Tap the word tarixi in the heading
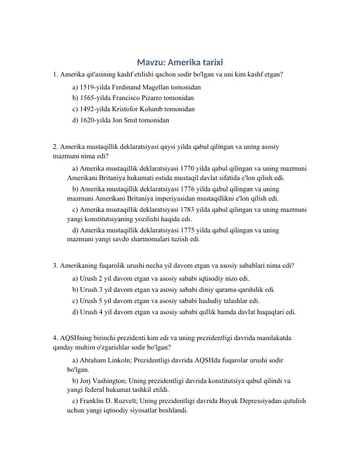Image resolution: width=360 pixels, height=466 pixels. pyautogui.click(x=209, y=62)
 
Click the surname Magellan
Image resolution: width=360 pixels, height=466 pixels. pyautogui.click(x=158, y=86)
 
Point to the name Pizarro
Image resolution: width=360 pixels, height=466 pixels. pyautogui.click(x=149, y=98)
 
